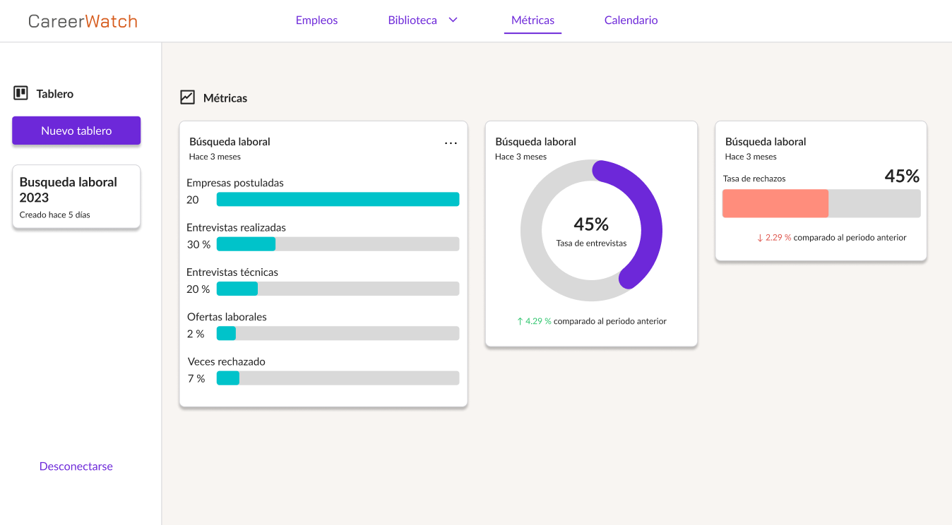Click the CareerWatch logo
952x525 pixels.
(x=83, y=21)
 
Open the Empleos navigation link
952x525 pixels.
(x=316, y=20)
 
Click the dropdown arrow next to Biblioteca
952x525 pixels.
(x=453, y=20)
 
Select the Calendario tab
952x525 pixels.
(x=631, y=20)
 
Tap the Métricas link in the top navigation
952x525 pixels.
(x=532, y=20)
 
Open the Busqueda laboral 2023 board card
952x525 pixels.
(x=76, y=196)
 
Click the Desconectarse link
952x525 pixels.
(x=76, y=466)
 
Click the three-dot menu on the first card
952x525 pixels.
(x=451, y=143)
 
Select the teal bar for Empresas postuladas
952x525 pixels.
(x=338, y=200)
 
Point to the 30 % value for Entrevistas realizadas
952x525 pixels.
(x=198, y=244)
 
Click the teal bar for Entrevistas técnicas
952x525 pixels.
(x=237, y=289)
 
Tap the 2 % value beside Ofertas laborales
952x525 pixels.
(x=196, y=334)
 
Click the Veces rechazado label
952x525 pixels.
(x=227, y=361)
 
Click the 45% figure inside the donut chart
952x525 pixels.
(x=591, y=224)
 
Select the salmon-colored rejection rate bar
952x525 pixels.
(x=775, y=203)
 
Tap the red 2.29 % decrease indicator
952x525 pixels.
(x=774, y=238)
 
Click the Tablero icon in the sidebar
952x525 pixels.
(x=20, y=93)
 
